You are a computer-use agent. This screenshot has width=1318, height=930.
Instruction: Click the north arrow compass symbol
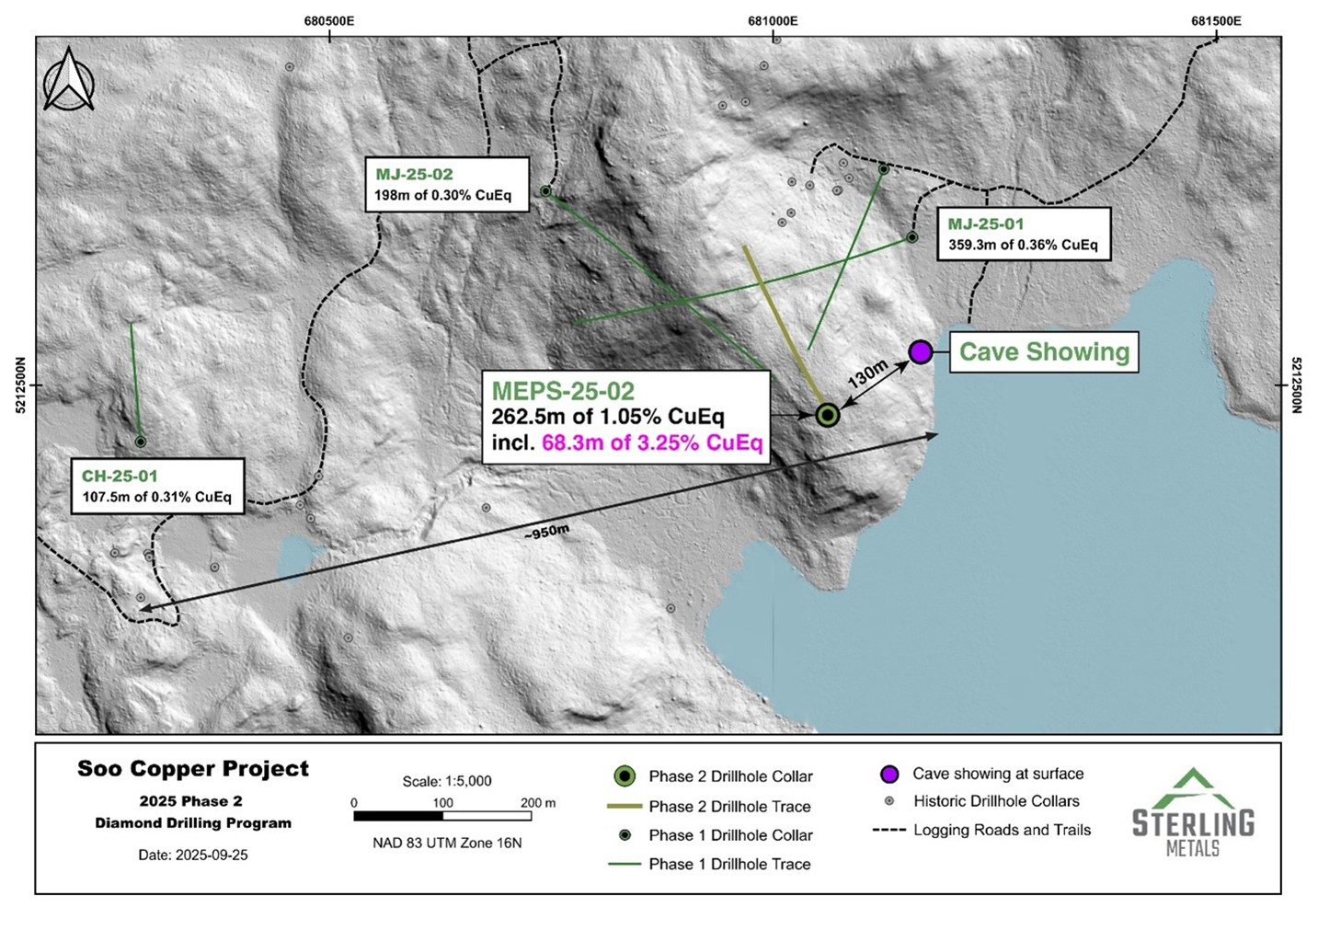coord(69,80)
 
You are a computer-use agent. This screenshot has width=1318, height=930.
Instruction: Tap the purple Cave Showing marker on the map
coord(921,351)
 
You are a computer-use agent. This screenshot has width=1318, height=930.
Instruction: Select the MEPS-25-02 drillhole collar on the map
coord(828,415)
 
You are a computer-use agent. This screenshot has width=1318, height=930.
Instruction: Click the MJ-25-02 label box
coord(448,185)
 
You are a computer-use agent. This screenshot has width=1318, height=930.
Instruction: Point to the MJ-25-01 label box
coord(1023,235)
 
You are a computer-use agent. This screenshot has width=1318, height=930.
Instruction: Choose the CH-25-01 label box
coord(155,487)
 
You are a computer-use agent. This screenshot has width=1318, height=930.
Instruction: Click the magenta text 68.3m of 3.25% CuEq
coord(652,443)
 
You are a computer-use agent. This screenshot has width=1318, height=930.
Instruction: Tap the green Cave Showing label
coord(1044,352)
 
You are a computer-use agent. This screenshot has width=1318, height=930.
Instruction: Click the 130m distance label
coord(867,373)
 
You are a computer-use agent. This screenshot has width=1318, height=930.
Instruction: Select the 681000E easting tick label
coord(773,21)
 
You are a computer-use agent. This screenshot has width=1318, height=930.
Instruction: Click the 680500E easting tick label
coord(329,21)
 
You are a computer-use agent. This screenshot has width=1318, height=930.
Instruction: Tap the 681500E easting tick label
coord(1216,21)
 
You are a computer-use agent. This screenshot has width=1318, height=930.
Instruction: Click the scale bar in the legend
coord(442,816)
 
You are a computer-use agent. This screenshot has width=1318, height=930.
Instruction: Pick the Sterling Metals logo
coord(1193,813)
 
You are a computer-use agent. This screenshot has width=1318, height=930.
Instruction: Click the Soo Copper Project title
coord(193,769)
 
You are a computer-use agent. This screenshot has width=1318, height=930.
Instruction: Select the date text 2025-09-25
coord(193,855)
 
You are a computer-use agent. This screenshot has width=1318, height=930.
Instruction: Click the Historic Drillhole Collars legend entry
coord(995,801)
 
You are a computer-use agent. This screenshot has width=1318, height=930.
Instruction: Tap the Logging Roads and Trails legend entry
coord(1001,830)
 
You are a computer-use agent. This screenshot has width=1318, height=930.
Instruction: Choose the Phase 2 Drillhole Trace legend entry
coord(728,807)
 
